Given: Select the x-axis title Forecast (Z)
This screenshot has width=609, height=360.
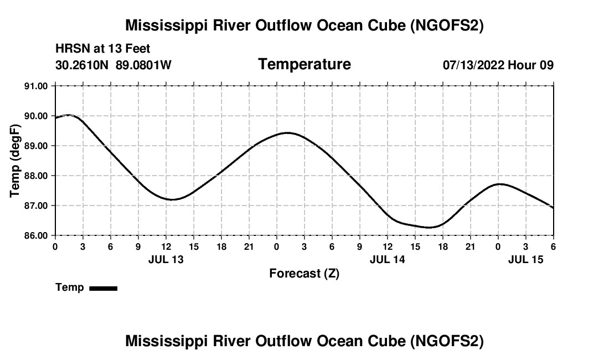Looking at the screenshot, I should pos(304,273).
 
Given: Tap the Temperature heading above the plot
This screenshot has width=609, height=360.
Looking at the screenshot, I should pos(304,64).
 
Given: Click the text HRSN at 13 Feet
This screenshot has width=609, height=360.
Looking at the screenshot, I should pos(102,49).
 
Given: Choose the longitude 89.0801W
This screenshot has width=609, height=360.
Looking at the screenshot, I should pos(143,65).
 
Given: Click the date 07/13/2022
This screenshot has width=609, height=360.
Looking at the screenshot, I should pos(473,65).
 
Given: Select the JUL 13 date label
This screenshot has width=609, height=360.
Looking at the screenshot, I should pos(166,259).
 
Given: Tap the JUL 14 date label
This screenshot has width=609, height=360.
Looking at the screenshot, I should pos(388,259).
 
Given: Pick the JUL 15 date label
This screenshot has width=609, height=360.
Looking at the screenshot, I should pos(526,259).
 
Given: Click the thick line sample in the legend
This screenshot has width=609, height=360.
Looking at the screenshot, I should pos(103,288).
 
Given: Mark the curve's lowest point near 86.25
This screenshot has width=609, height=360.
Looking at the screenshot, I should pos(429,227).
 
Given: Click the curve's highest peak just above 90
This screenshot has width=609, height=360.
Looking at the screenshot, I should pos(69,115).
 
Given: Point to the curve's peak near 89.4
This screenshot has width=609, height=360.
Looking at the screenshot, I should pos(288,133).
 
